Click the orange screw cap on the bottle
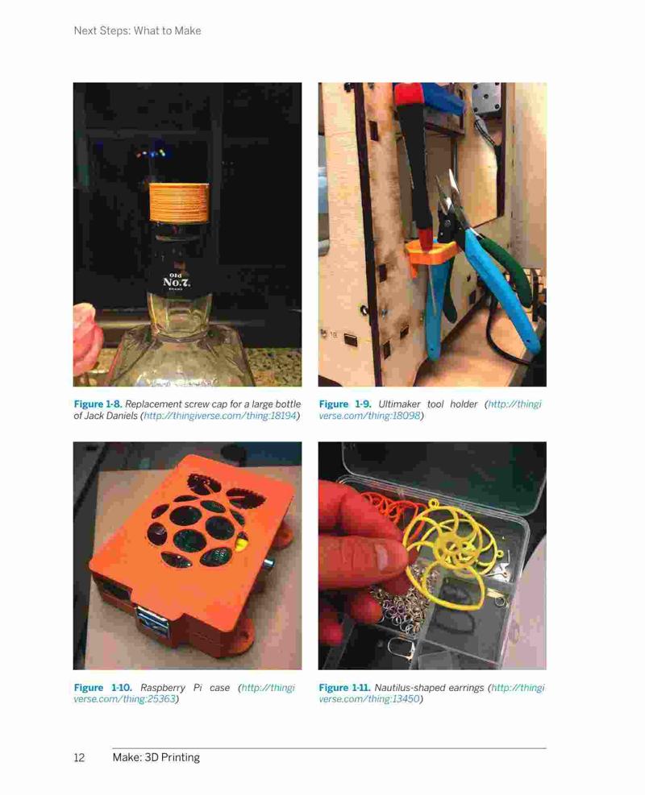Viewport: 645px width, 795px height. tap(179, 202)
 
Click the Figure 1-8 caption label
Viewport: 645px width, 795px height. tap(98, 404)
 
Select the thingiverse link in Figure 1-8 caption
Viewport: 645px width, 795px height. tap(220, 416)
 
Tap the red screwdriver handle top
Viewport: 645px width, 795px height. tap(410, 93)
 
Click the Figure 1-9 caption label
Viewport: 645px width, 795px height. tap(345, 404)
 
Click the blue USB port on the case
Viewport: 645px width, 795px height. tap(154, 623)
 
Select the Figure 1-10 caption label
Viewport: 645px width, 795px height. tap(103, 688)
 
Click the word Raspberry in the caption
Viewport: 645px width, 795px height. tap(162, 688)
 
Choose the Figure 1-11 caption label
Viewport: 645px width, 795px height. tap(344, 688)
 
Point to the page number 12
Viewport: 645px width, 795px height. tap(79, 757)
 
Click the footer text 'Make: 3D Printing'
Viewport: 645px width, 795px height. tap(156, 757)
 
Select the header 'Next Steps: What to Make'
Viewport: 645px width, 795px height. tap(138, 31)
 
